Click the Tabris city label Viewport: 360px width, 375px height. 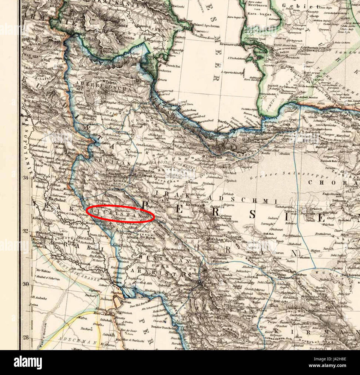tap(110, 82)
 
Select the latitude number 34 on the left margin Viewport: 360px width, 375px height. tap(25, 177)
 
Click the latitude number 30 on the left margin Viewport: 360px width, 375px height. tap(25, 284)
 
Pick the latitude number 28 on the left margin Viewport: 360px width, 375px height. tap(25, 337)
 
